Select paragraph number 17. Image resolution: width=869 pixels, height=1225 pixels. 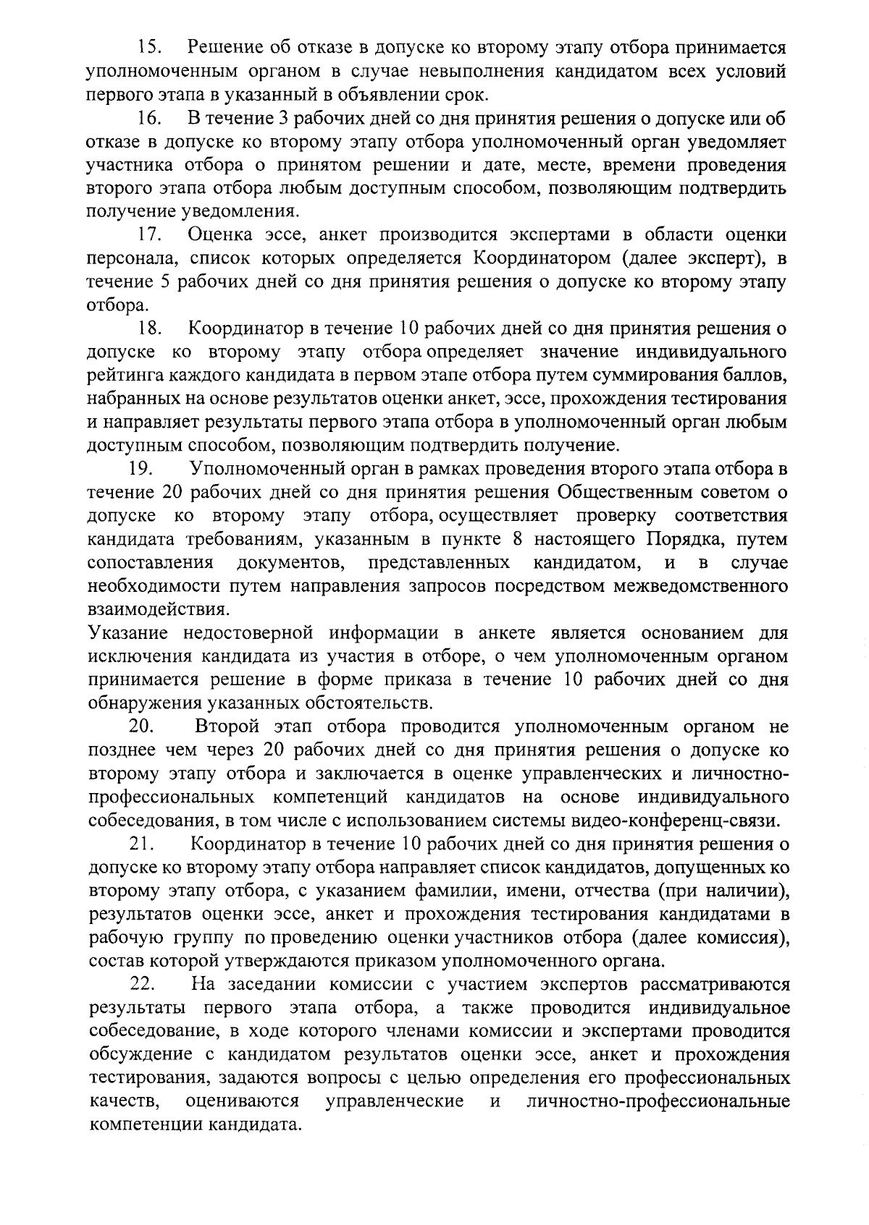pyautogui.click(x=148, y=235)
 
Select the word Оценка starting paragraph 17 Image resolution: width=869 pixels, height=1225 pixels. pyautogui.click(x=220, y=235)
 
